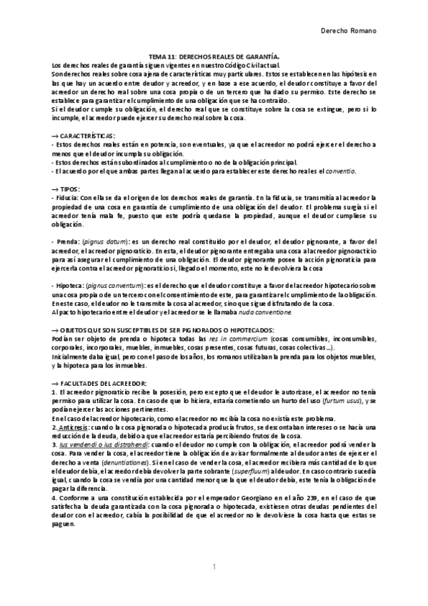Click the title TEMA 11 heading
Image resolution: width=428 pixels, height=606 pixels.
click(214, 56)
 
